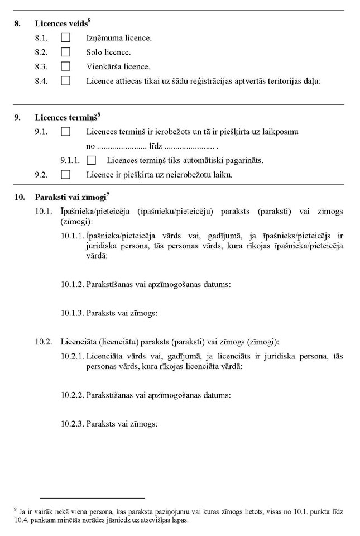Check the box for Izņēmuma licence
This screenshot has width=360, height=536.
coord(66,38)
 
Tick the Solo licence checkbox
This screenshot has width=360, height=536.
coord(66,52)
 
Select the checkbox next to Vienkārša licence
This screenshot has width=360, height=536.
coord(66,66)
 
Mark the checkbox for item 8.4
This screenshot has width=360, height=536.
coord(66,80)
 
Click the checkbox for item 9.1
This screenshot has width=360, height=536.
coord(66,132)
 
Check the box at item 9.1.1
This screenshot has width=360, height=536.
coord(92,160)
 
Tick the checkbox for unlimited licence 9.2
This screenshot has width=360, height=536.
coord(66,175)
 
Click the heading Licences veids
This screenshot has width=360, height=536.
coord(61,24)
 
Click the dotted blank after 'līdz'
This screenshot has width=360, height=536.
coord(190,147)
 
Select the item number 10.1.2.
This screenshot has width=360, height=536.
coord(73,284)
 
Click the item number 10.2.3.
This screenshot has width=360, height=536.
coord(73,424)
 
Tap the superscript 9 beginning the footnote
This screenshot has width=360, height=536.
coord(15,509)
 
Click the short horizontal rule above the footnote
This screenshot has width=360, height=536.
coord(92,497)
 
